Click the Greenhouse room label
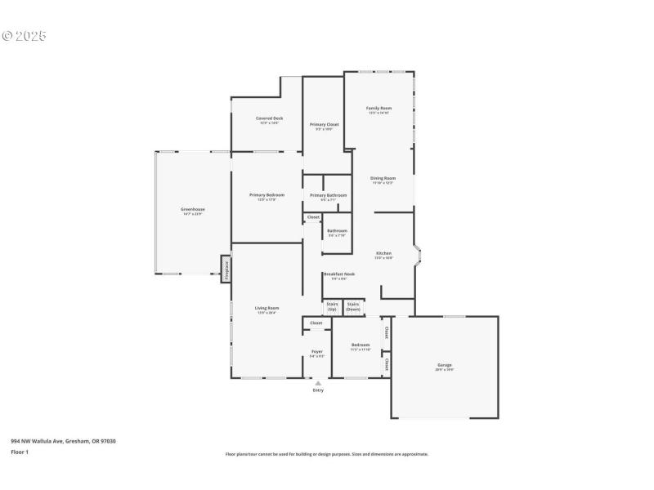(x=193, y=210)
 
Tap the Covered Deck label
(x=269, y=118)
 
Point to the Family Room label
(x=379, y=109)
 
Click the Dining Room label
(x=383, y=178)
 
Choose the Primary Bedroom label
(x=267, y=195)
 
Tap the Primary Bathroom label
(x=328, y=195)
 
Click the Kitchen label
(x=383, y=254)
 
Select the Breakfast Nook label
(x=338, y=275)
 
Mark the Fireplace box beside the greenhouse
(x=226, y=269)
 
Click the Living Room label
(x=267, y=309)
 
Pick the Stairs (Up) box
(x=332, y=307)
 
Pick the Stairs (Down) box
(x=353, y=307)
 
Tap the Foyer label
(x=317, y=352)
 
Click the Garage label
(x=444, y=366)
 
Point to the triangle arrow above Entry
(x=318, y=382)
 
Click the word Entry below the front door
(x=318, y=390)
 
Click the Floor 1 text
(x=19, y=452)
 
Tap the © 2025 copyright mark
(x=25, y=36)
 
